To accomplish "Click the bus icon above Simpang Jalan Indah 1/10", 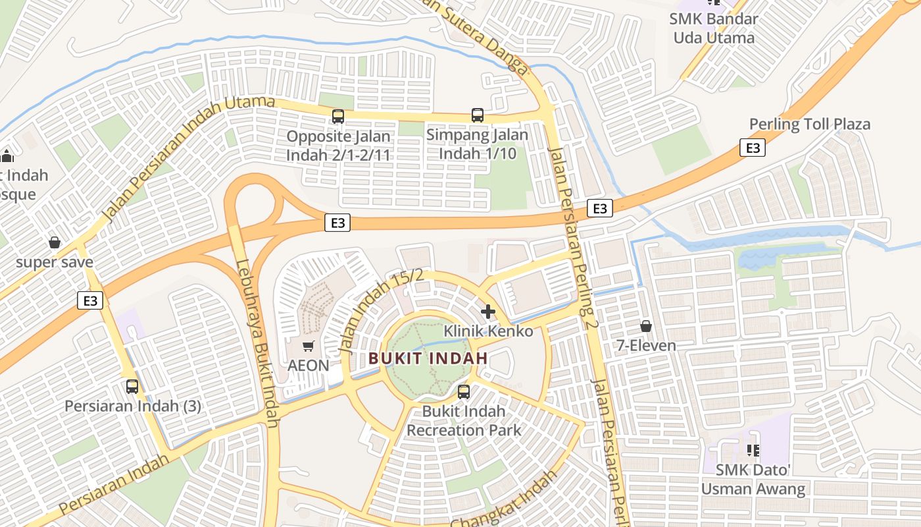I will [x=478, y=115].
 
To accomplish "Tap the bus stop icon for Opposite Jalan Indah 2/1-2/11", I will [x=338, y=117].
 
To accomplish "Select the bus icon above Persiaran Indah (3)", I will [x=132, y=387].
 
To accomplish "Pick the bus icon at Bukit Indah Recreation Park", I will [x=464, y=392].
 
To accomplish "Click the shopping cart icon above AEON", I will [x=308, y=346].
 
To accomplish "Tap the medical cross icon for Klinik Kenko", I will [x=488, y=311].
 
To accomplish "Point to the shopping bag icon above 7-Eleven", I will [x=646, y=326].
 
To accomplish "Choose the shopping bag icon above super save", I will [x=55, y=242].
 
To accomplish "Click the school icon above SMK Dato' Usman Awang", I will [x=753, y=451].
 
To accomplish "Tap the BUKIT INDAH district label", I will [x=428, y=359].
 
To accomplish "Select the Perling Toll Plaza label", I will [x=810, y=124].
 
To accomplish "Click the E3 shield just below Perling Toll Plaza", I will [x=753, y=148].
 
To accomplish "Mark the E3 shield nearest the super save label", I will [x=91, y=300].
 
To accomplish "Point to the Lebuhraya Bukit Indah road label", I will [x=258, y=343].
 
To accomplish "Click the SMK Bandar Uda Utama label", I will [x=714, y=28].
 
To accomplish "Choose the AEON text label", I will [x=309, y=365].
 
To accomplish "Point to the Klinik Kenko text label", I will [x=488, y=331].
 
